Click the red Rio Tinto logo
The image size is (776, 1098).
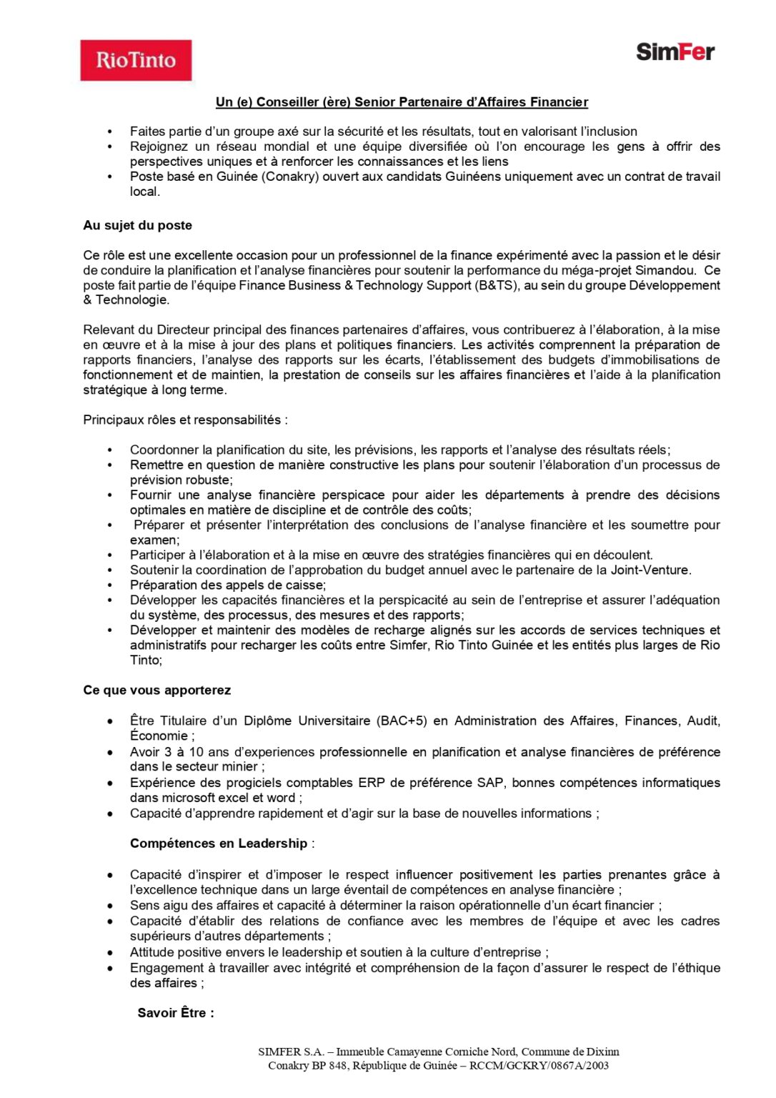tap(136, 60)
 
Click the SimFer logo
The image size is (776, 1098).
tap(675, 52)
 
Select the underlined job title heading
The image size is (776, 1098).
tap(402, 102)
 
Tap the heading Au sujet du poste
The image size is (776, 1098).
tap(137, 225)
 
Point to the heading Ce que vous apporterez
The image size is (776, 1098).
tap(156, 691)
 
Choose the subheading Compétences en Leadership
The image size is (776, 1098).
tap(219, 844)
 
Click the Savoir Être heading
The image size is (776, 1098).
tap(175, 1013)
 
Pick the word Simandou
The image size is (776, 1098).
tap(666, 270)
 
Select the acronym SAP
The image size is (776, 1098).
tap(490, 783)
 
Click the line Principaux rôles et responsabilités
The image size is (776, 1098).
tap(185, 420)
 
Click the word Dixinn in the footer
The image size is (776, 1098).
tap(603, 1052)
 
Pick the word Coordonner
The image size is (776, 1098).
tap(164, 450)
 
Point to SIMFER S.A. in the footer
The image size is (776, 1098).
tap(291, 1052)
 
